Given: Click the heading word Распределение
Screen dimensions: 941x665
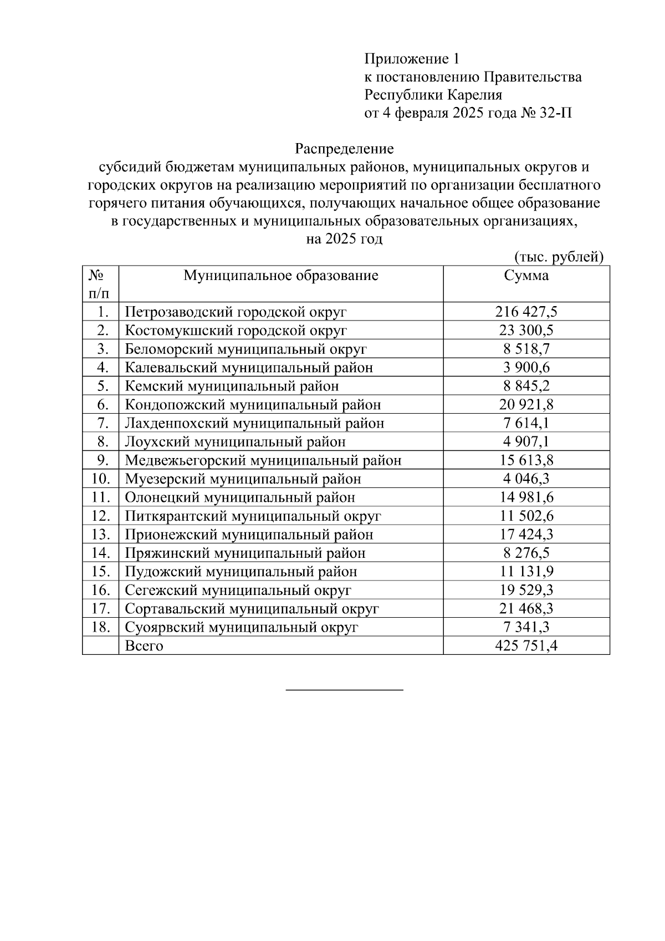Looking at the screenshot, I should coord(344,149).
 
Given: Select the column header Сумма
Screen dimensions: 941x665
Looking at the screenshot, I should coord(526,276).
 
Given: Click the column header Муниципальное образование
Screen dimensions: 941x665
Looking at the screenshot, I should coord(281,276).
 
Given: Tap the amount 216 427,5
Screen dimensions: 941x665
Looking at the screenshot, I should coord(526,312).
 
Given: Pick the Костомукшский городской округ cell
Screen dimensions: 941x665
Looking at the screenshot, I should coord(236,330).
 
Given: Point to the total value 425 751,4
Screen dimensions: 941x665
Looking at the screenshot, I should coord(526,645).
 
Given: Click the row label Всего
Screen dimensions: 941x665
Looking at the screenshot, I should coord(144,645).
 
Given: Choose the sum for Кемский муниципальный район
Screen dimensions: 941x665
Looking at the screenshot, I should coord(526,386).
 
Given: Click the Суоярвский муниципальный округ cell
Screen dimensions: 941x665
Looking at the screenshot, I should coord(242,627).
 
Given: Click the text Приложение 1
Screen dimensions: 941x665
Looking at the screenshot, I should coord(412,59).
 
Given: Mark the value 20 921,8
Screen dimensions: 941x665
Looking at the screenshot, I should coord(526,405).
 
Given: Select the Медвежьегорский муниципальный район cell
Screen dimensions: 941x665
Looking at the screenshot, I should coord(263,460).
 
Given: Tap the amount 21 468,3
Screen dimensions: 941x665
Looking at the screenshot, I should coord(526,608).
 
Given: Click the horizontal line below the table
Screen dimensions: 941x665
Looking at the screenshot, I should coord(344,690).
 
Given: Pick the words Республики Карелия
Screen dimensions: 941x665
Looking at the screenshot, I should coord(433,95).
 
